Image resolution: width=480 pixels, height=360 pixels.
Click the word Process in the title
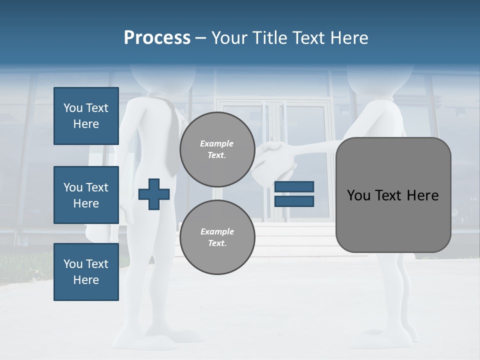pyautogui.click(x=157, y=37)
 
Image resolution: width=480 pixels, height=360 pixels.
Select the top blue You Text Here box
pyautogui.click(x=86, y=116)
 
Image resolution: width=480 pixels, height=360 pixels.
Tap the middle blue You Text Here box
pyautogui.click(x=86, y=195)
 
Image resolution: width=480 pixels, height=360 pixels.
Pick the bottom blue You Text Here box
pyautogui.click(x=86, y=272)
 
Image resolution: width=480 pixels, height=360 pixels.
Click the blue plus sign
pyautogui.click(x=154, y=194)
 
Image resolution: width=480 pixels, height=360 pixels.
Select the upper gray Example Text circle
pyautogui.click(x=217, y=149)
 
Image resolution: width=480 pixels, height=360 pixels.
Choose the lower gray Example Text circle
pyautogui.click(x=217, y=237)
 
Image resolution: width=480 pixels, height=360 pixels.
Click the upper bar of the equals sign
pyautogui.click(x=294, y=187)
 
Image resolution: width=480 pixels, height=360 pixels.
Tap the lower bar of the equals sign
pyautogui.click(x=294, y=201)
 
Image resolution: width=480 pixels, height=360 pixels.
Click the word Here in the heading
pyautogui.click(x=348, y=37)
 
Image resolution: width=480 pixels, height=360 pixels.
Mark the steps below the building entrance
pyautogui.click(x=300, y=235)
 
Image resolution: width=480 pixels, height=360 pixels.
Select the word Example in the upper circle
pyautogui.click(x=217, y=143)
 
